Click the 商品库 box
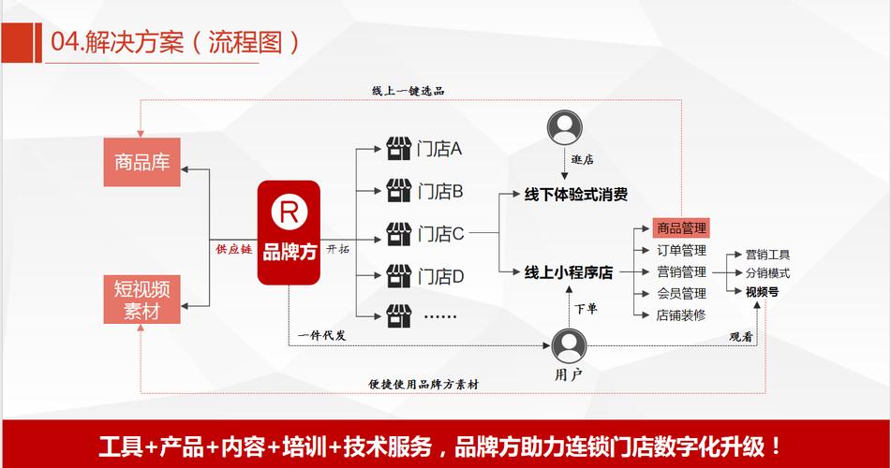141,162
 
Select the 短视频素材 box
141,300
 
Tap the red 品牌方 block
290,234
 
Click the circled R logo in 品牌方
289,212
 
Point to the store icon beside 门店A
399,149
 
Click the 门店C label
440,234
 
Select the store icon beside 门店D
399,275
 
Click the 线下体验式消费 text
575,196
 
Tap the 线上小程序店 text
568,273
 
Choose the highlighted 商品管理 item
681,227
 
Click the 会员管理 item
681,294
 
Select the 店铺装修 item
681,315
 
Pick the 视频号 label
762,292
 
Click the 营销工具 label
767,254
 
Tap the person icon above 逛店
565,126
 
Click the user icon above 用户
568,345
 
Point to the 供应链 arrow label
234,249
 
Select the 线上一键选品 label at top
408,91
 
